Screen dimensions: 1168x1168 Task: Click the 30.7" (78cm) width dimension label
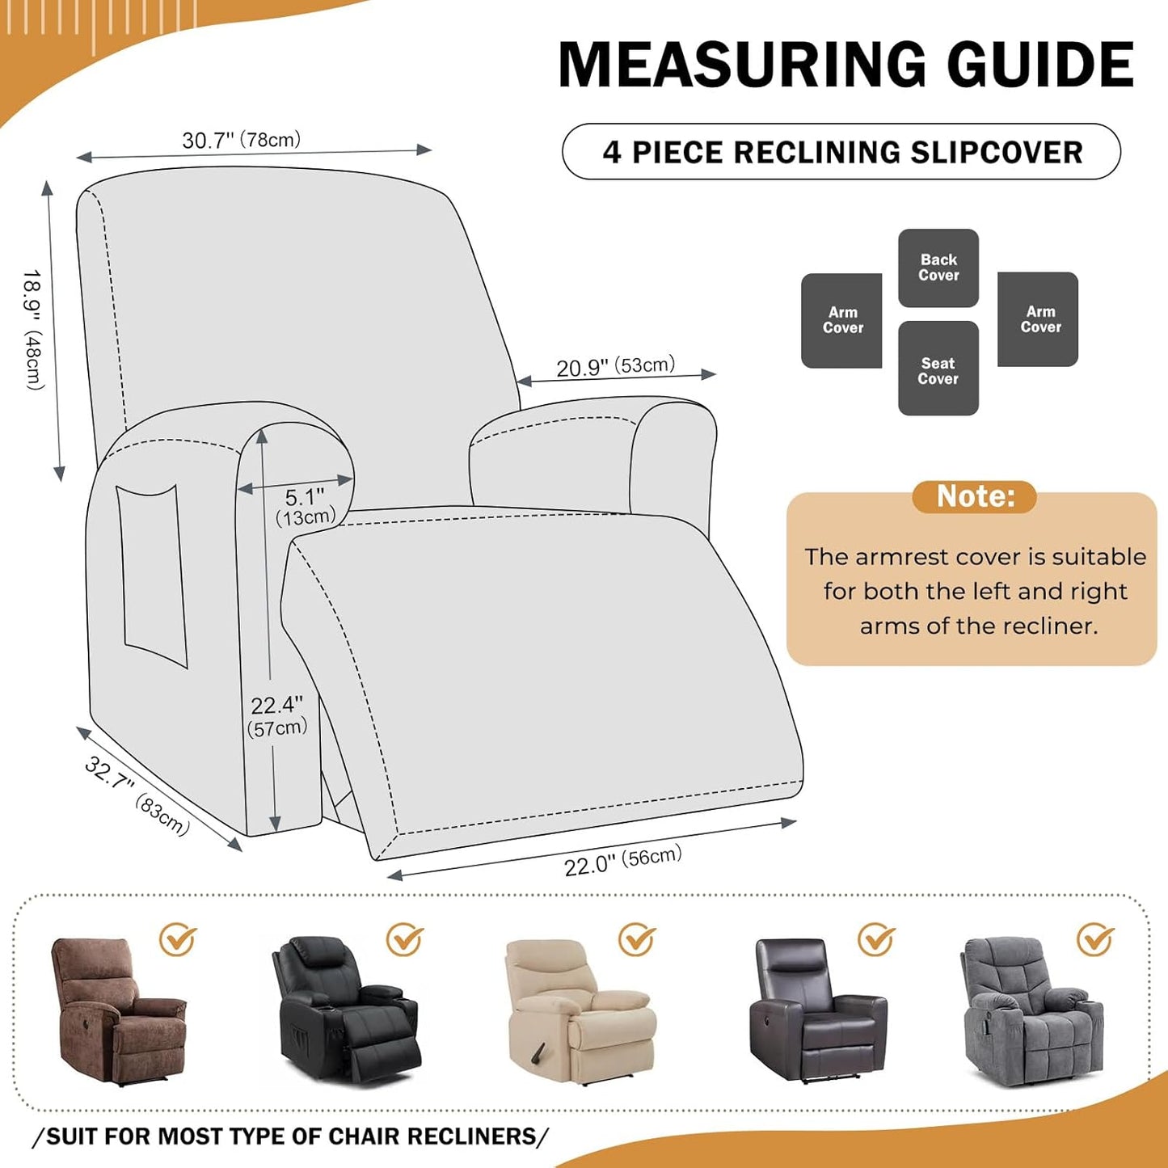pyautogui.click(x=241, y=140)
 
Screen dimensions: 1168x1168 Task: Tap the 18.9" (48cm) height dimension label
pyautogui.click(x=33, y=329)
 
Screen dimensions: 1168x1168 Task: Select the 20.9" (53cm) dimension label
pyautogui.click(x=615, y=366)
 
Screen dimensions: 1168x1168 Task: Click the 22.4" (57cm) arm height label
pyautogui.click(x=277, y=716)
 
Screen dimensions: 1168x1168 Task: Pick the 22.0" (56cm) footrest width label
pyautogui.click(x=622, y=862)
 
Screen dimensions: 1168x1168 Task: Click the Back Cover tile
pyautogui.click(x=938, y=268)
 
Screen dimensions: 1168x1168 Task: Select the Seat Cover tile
pyautogui.click(x=938, y=370)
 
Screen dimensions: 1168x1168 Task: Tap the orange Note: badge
pyautogui.click(x=974, y=496)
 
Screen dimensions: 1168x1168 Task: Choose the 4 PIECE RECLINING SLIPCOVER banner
pyautogui.click(x=841, y=152)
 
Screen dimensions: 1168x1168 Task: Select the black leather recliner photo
pyautogui.click(x=345, y=1010)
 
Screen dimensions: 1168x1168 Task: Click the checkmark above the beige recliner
pyautogui.click(x=637, y=939)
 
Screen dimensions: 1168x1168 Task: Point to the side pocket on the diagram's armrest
pyautogui.click(x=151, y=575)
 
